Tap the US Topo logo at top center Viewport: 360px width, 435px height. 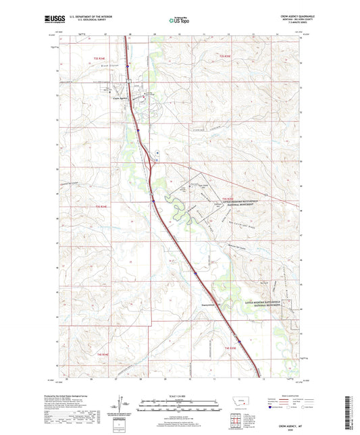tap(180, 20)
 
